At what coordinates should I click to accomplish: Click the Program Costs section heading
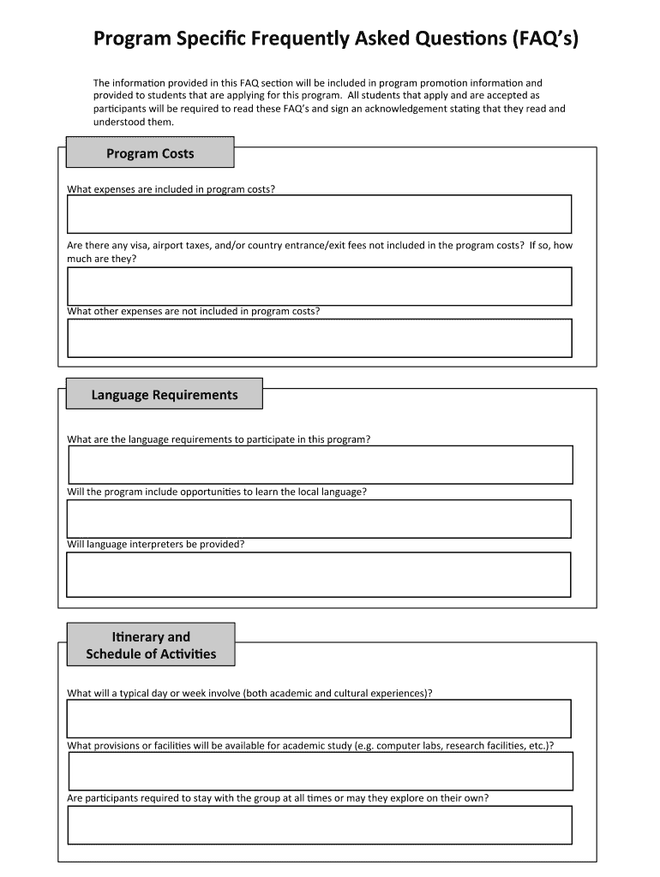click(x=150, y=154)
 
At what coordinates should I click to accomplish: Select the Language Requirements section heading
click(x=165, y=395)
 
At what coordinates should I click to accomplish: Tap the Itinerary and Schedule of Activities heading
click(x=151, y=646)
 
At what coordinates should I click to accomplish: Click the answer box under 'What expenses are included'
click(x=319, y=214)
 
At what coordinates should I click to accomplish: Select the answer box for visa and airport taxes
click(x=319, y=286)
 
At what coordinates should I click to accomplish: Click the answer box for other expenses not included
click(x=319, y=338)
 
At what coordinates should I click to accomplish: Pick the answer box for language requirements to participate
click(x=320, y=465)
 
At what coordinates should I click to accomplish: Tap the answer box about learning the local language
click(x=319, y=519)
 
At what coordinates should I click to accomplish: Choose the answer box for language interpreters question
click(x=319, y=574)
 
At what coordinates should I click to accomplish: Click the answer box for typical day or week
click(x=319, y=719)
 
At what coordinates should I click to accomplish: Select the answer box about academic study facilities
click(x=320, y=772)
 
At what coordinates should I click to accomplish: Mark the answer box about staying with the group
click(x=319, y=825)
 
